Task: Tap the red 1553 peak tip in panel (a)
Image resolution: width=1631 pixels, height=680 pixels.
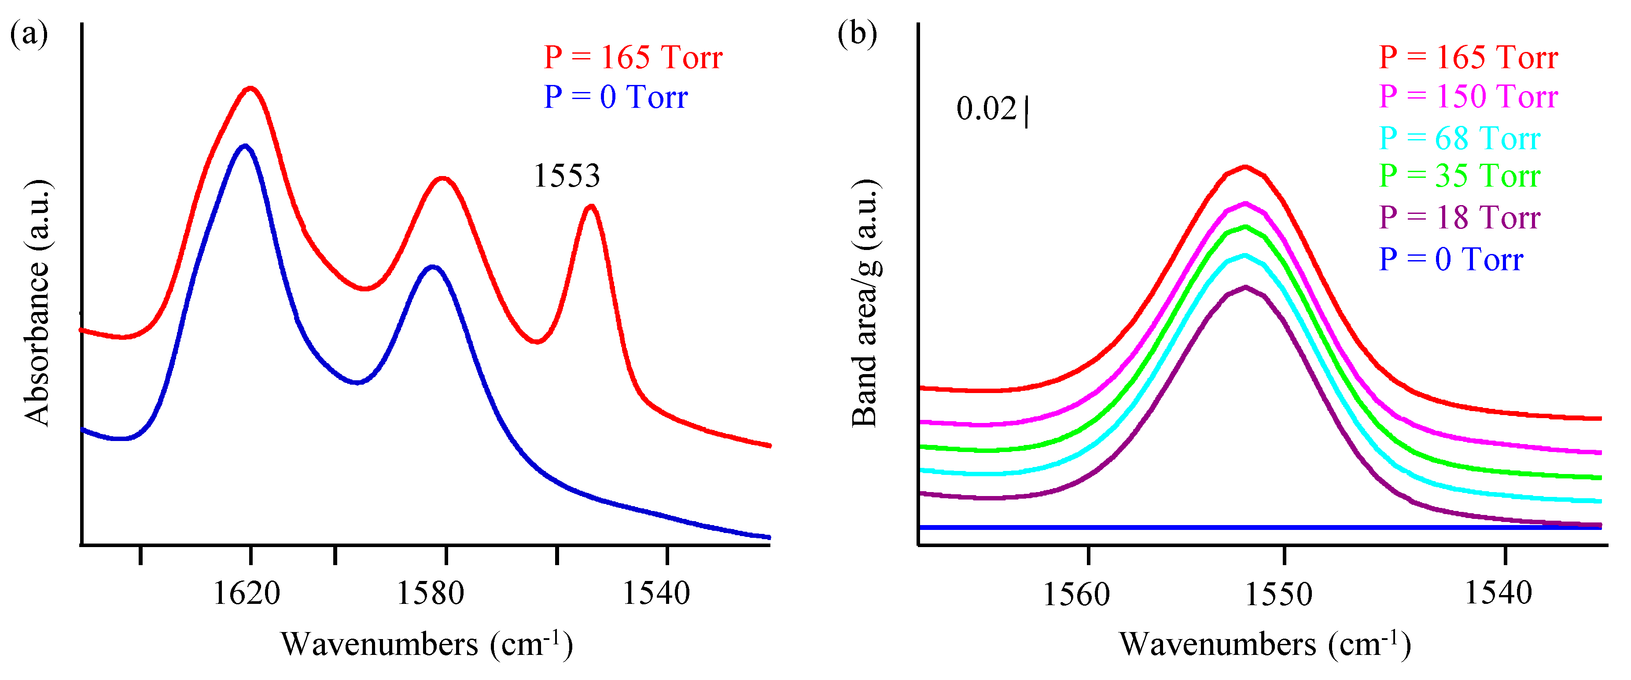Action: [x=591, y=206]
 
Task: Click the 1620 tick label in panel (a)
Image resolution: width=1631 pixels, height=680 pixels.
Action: [x=246, y=593]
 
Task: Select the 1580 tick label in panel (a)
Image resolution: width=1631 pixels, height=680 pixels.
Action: [x=430, y=593]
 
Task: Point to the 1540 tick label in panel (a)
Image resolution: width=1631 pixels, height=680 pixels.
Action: [x=656, y=593]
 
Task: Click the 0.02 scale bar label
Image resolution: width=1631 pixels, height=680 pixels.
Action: [x=987, y=108]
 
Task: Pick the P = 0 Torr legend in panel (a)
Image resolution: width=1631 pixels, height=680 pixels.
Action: [x=615, y=97]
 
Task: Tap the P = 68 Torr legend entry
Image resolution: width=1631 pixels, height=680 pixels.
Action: [x=1459, y=138]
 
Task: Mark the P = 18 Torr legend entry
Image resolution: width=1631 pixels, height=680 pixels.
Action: [x=1459, y=217]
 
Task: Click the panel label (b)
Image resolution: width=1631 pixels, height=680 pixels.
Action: [x=857, y=33]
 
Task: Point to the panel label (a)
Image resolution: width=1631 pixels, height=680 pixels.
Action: [x=29, y=33]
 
